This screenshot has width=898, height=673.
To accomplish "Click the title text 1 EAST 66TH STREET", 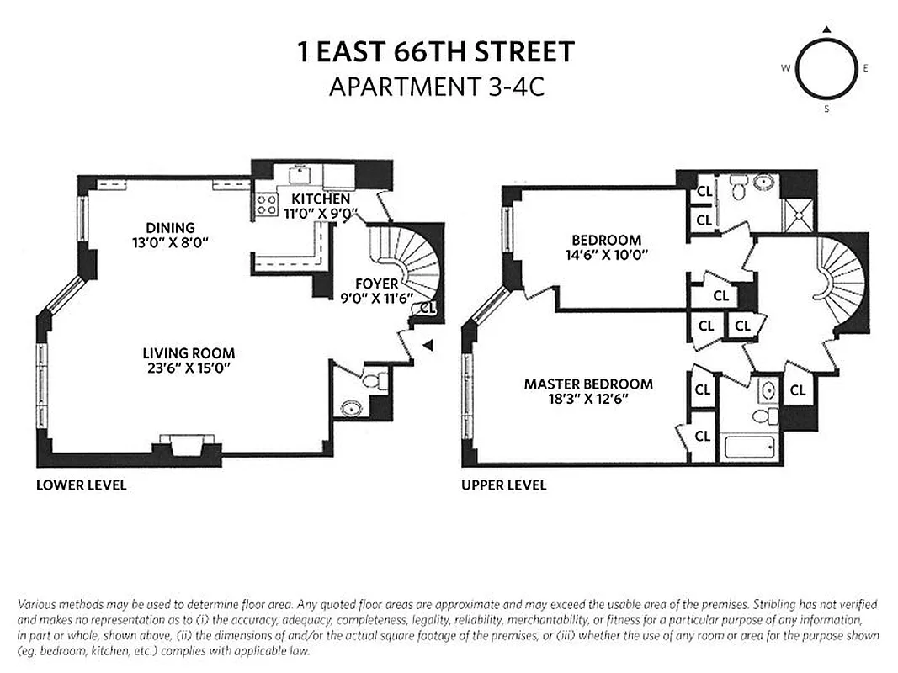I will click(x=436, y=52).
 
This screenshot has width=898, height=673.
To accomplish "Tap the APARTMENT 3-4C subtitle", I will click(x=436, y=87).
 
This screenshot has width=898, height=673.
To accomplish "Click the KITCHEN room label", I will click(x=320, y=199).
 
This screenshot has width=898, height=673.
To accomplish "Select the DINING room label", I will click(x=170, y=227).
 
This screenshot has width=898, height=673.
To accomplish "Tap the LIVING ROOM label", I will click(x=188, y=353).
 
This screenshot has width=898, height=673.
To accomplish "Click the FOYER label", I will click(x=376, y=284).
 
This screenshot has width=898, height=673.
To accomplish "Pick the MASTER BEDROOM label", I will click(x=588, y=384).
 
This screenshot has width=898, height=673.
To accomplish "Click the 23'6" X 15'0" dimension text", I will click(x=188, y=368).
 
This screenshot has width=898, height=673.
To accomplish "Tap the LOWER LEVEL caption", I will click(x=81, y=485).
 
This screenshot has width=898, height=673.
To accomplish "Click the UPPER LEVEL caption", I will click(x=503, y=485).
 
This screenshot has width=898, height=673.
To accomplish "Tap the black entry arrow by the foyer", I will click(x=428, y=344).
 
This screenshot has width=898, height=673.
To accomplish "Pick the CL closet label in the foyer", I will click(x=427, y=308).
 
